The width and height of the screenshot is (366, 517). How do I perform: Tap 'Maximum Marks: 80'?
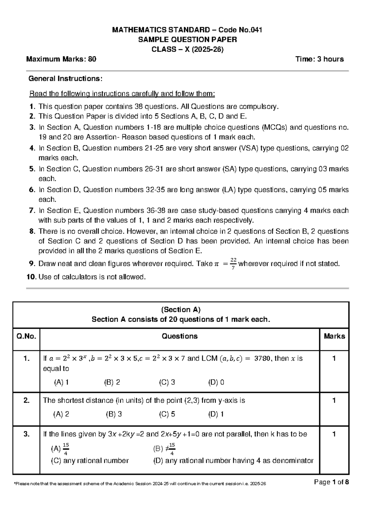pos(61,59)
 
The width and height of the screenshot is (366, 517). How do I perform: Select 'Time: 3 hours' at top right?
pos(319,59)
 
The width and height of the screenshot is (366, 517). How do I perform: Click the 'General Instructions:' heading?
pos(65,79)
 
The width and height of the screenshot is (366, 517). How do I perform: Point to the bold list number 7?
pos(32,211)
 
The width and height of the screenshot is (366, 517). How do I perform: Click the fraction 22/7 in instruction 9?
pos(233,264)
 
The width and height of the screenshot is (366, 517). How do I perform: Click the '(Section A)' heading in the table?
pos(181,310)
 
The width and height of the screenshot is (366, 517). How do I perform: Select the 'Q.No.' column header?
pos(26,336)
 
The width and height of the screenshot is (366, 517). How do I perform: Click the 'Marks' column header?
pos(334,336)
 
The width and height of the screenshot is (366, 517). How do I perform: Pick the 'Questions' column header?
pos(179,336)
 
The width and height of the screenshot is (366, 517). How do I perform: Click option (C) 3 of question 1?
pos(167,382)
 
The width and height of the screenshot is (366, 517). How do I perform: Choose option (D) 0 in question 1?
pos(216,382)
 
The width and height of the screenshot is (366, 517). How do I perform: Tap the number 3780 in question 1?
pos(262,359)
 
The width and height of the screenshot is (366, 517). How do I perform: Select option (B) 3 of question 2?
pos(114,414)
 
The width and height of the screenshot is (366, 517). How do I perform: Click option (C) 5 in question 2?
pos(167,414)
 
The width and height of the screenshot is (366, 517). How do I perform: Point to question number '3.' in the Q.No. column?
pos(27,434)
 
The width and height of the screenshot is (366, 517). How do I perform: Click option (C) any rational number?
pos(90,461)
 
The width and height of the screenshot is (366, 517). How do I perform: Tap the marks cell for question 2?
pos(334,401)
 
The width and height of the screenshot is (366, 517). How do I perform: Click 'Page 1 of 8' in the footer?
pos(331,482)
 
